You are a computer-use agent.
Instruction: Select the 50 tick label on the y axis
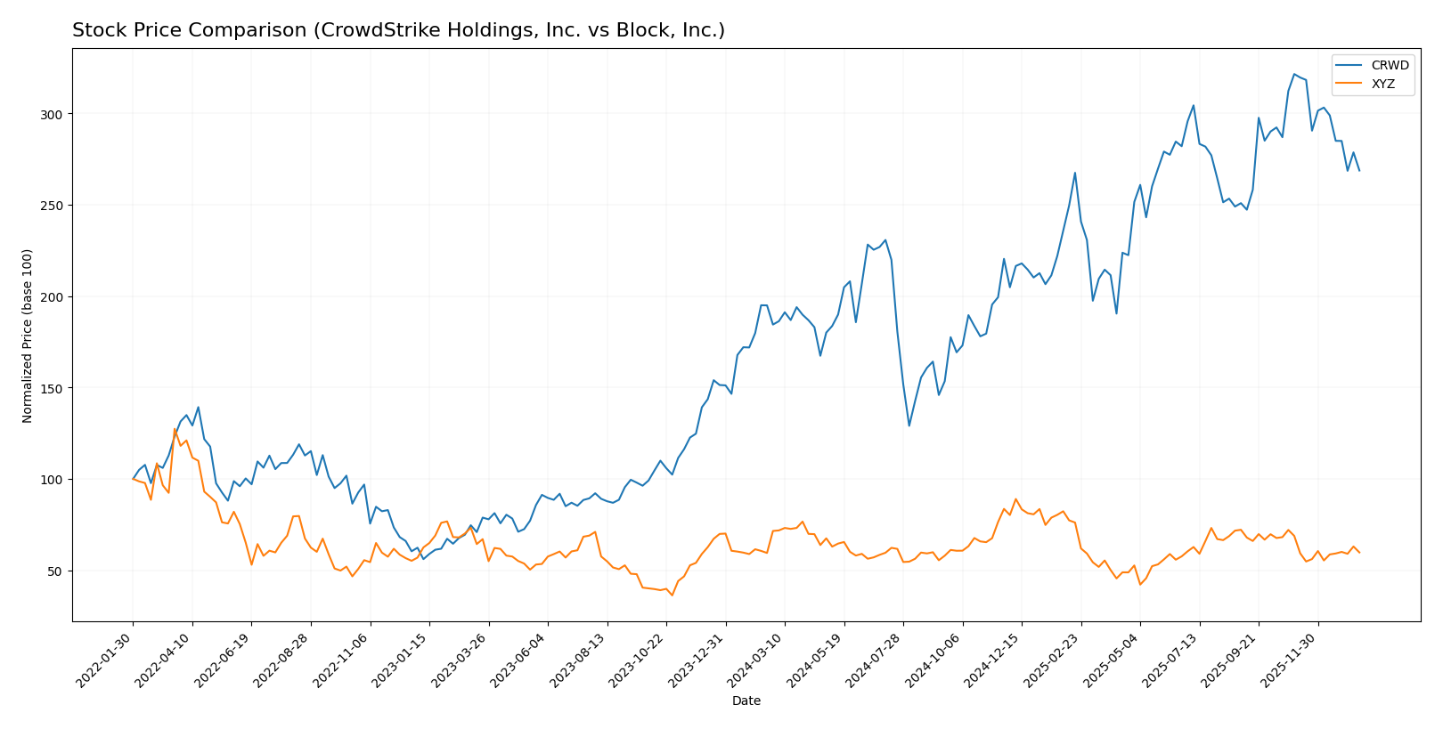coord(55,571)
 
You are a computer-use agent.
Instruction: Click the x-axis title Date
coord(746,701)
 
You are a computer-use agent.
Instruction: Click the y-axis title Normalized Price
coord(28,336)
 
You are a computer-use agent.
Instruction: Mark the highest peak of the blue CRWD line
coord(1294,74)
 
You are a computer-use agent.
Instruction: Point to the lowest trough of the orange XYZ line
coord(673,595)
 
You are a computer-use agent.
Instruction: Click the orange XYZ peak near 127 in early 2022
coord(175,429)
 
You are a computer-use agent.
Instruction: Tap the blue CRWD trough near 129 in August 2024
coord(909,425)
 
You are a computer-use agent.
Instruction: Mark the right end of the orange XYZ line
coord(1359,553)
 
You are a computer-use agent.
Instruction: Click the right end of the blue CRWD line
coord(1359,170)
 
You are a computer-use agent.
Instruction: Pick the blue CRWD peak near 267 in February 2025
coord(1075,173)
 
